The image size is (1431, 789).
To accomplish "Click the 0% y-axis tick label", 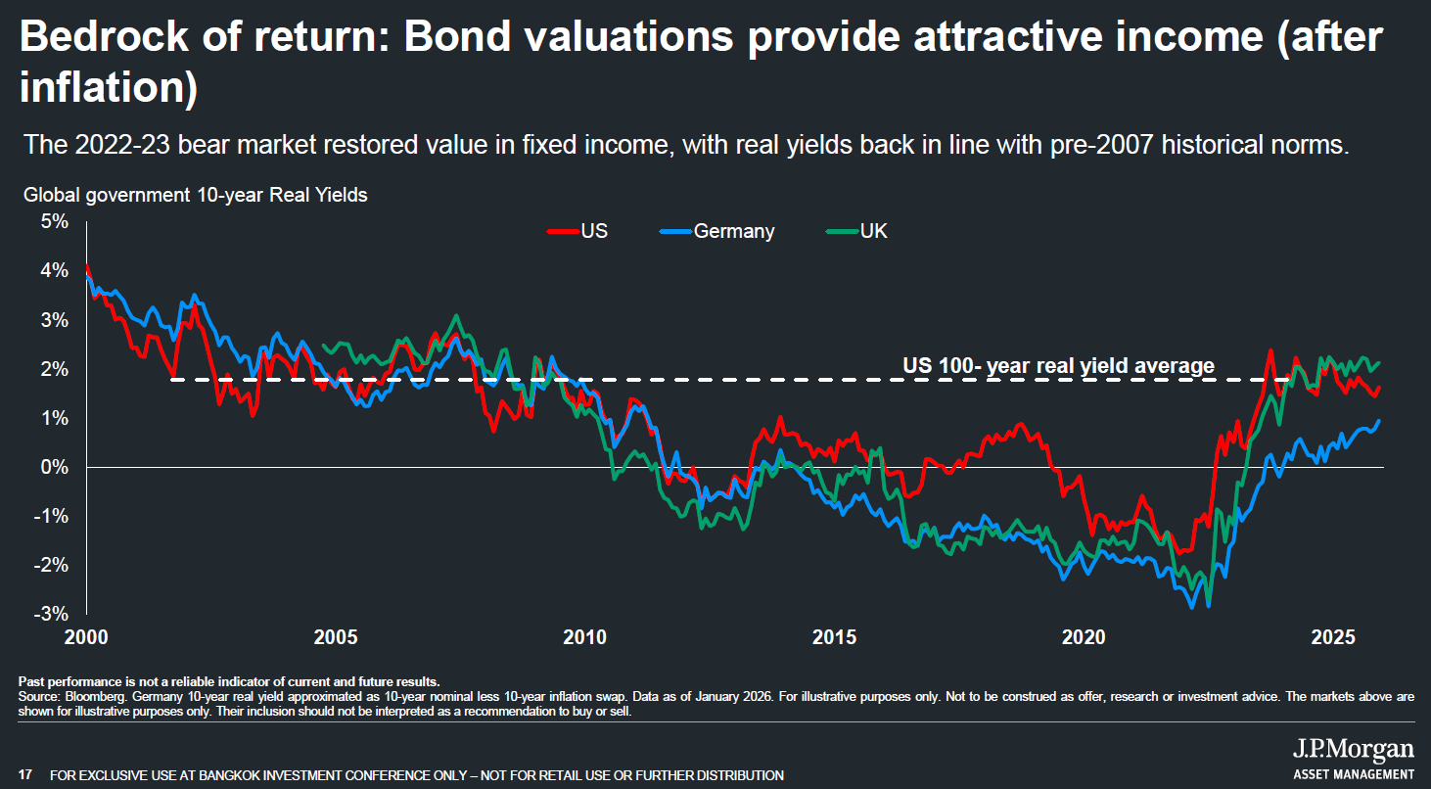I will coord(56,467).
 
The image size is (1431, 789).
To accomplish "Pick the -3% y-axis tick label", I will coord(54,614).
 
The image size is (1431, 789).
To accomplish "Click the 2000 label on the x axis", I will coord(87,637).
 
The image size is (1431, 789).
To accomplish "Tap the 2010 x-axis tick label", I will coord(585,637).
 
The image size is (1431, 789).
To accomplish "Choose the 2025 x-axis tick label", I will coord(1332,637).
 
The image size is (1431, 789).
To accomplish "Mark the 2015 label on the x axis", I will coord(835,637).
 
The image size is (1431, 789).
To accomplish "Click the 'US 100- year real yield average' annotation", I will coord(1058,366).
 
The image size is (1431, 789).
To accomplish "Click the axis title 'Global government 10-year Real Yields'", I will coord(196,195).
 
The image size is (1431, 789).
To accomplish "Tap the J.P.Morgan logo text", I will coord(1353,750).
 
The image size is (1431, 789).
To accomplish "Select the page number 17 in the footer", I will coord(26,775).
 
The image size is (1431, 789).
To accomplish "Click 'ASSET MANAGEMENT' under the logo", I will coord(1354,774).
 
